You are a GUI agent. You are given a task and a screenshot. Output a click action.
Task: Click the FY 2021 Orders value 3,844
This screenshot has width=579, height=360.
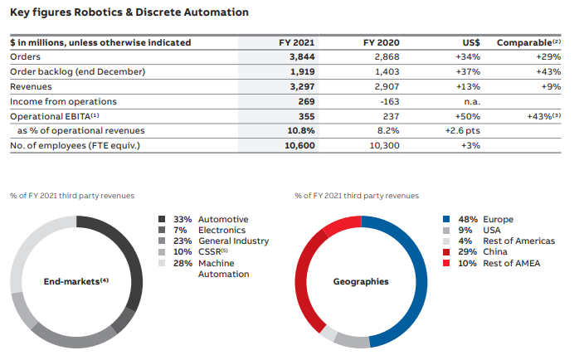[x=302, y=57]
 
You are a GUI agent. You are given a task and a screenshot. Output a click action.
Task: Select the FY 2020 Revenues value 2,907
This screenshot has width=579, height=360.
[x=387, y=87]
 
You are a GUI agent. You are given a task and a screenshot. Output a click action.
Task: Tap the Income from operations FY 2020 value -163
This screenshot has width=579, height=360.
[x=390, y=101]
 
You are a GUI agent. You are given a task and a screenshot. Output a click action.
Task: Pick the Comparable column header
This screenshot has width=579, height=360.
[x=528, y=42]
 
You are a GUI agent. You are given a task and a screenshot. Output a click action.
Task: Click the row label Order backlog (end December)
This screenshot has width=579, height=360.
[x=77, y=71]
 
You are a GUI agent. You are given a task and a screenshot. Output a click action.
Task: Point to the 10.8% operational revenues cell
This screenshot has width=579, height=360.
[x=301, y=131]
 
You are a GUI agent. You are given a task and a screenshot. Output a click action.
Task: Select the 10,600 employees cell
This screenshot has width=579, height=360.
[x=299, y=146]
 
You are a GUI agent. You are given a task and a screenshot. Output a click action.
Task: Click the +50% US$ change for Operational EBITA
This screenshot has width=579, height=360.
[x=468, y=117]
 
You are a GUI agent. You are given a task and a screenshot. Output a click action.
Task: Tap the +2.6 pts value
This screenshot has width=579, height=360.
[x=463, y=131]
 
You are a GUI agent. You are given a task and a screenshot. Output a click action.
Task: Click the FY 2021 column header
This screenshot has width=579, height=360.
[x=296, y=42]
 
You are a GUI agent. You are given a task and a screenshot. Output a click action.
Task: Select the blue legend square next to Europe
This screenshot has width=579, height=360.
[x=446, y=219]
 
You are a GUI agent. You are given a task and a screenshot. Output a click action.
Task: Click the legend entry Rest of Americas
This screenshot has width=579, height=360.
[x=518, y=241]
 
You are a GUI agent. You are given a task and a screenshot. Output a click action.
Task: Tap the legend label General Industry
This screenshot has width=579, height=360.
[x=233, y=241]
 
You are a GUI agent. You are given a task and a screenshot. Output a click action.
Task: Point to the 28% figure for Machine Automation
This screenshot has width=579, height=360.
[x=182, y=263]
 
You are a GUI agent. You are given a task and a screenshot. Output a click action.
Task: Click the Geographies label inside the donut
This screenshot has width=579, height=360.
[x=361, y=282]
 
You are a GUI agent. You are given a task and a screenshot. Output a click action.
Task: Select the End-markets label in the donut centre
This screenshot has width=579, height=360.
[x=76, y=281]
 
